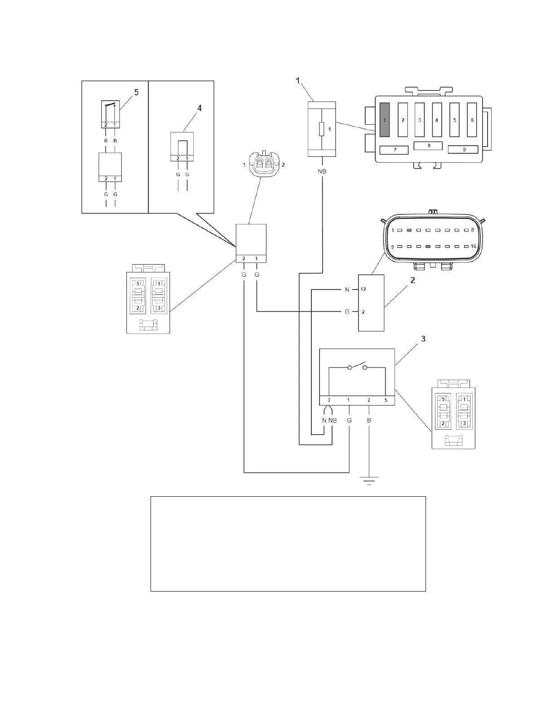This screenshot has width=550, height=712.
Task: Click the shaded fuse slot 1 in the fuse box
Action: coord(384,120)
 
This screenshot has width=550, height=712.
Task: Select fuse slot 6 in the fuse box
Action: coord(471,120)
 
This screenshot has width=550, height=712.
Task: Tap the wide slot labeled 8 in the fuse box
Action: coord(428,146)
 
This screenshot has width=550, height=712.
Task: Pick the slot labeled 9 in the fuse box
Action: coord(463,150)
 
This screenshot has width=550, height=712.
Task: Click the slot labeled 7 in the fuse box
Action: coord(395,150)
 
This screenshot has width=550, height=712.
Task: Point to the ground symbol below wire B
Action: coord(369,480)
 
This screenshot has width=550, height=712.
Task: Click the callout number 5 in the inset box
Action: coord(136,92)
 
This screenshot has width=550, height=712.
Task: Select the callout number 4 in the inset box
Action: coord(200,108)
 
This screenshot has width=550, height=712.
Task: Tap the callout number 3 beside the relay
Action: coord(423,339)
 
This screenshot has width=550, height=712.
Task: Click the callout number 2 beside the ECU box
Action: coord(412,280)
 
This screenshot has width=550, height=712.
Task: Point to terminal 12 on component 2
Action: coord(363,289)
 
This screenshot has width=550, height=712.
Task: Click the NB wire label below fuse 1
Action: coord(322,171)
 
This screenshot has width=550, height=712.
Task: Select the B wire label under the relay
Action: coord(369,420)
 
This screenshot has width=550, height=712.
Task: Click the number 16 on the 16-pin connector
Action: coord(473,247)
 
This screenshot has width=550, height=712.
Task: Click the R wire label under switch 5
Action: coord(106,141)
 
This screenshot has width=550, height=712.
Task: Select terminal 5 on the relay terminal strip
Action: coord(385,400)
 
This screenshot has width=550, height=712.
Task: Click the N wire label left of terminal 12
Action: coord(347,290)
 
